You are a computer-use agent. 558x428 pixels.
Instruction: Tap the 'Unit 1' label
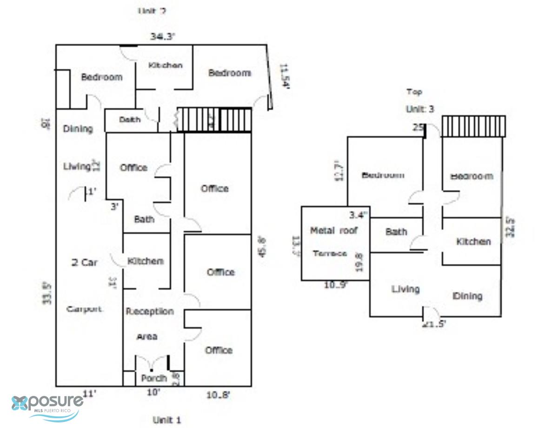click(x=166, y=420)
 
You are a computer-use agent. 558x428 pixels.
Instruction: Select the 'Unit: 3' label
click(x=420, y=109)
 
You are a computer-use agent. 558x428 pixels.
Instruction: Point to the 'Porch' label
click(x=154, y=378)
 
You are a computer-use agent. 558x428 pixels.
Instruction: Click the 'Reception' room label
click(x=150, y=311)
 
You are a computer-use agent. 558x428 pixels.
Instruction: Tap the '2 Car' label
click(x=84, y=263)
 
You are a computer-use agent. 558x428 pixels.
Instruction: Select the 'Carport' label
click(x=84, y=309)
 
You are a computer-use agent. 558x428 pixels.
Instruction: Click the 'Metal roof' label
click(x=334, y=230)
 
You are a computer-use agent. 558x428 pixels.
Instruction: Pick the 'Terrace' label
click(x=330, y=253)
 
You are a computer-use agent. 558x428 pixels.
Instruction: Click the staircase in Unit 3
click(x=473, y=126)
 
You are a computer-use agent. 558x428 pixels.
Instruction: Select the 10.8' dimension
click(x=218, y=395)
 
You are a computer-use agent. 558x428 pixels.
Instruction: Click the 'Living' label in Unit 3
click(x=405, y=289)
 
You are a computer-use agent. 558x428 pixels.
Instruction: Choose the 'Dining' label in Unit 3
click(x=467, y=296)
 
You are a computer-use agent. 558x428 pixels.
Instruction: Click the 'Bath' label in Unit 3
click(x=396, y=231)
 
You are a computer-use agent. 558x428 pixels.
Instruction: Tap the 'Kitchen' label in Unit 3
click(x=473, y=242)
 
